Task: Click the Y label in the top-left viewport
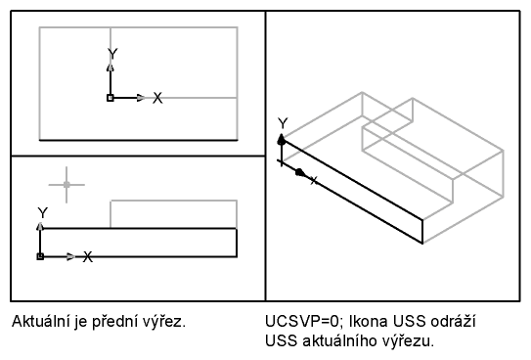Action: (112, 54)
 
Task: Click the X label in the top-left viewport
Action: (157, 98)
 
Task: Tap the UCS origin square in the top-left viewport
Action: (111, 98)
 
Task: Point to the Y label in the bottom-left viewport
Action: (43, 213)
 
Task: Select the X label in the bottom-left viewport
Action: (88, 256)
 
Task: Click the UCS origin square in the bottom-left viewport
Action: (40, 256)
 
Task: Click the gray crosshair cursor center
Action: (66, 185)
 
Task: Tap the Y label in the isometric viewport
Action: (283, 123)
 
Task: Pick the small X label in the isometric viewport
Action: (314, 180)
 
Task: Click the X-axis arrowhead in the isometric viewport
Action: (300, 173)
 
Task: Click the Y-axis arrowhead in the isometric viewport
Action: (282, 139)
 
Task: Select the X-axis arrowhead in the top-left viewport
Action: (141, 98)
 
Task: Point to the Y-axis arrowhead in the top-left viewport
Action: (111, 67)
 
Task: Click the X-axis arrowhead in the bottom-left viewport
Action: (71, 256)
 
